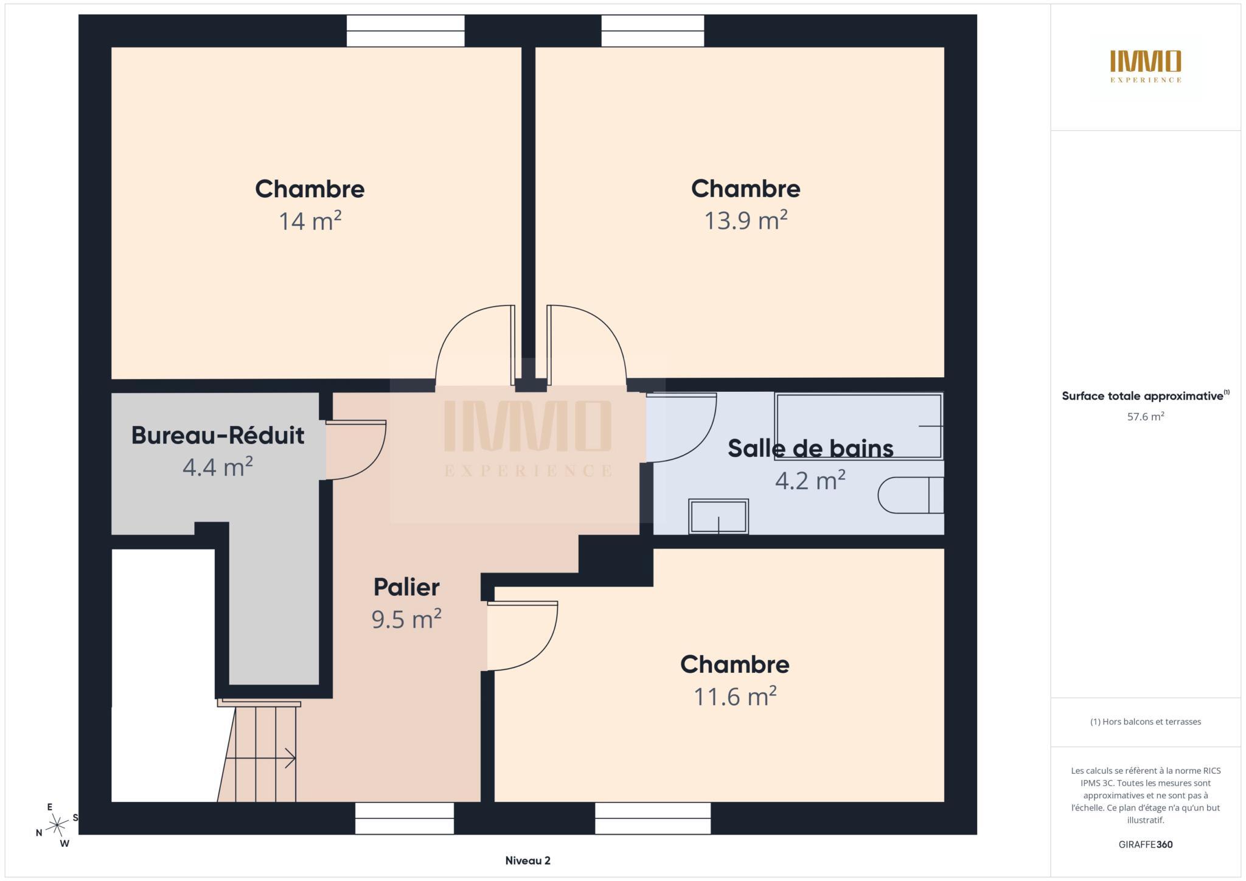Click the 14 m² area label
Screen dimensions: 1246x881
tap(310, 221)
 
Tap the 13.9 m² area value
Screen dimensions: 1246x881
tap(746, 220)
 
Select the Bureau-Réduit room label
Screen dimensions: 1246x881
tap(218, 436)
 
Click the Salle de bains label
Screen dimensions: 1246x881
tap(810, 448)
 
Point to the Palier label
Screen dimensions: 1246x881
tap(406, 587)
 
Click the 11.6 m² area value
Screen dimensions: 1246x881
tap(735, 697)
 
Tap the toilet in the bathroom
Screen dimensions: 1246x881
tap(911, 495)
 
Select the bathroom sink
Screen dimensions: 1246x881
tap(719, 517)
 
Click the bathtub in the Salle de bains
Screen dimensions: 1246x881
tap(858, 426)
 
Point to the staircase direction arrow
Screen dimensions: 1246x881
tap(260, 759)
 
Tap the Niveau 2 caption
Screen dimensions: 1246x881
tap(527, 860)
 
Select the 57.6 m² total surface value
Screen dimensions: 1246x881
tap(1146, 417)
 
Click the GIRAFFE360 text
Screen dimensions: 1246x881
tap(1146, 844)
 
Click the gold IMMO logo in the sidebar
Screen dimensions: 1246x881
tap(1146, 66)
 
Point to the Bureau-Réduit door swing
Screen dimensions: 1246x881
tap(356, 450)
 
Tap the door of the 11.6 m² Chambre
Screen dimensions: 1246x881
tap(523, 636)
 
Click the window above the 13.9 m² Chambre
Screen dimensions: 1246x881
tap(653, 31)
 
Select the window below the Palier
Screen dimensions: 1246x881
tap(405, 818)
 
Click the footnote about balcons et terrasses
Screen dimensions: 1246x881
tap(1146, 722)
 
